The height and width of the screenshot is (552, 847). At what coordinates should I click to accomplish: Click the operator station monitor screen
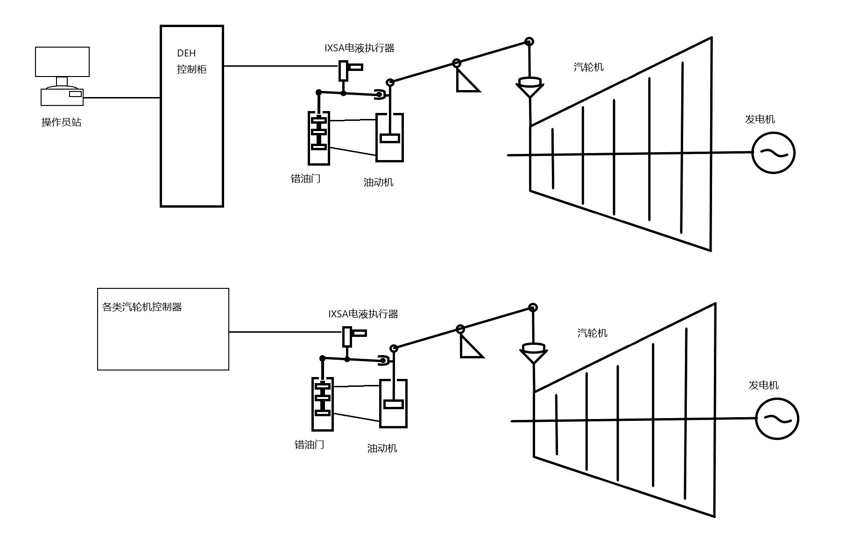62,62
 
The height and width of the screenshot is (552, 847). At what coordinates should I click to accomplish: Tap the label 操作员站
61,122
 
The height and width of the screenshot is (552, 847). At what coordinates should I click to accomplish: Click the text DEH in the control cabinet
186,53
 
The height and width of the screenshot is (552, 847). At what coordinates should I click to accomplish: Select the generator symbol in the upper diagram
773,153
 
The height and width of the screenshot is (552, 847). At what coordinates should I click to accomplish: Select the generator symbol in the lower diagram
777,419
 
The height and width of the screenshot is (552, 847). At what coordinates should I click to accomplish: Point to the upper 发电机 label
760,119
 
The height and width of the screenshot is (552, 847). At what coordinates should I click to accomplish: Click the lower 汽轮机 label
592,333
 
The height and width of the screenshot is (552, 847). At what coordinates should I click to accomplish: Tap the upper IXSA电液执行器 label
360,48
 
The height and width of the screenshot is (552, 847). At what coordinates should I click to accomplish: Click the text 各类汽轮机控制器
142,307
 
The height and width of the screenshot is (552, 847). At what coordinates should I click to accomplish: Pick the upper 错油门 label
305,179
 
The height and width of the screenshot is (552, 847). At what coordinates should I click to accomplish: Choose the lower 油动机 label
382,448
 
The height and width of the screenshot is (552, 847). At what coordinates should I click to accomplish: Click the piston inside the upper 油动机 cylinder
389,138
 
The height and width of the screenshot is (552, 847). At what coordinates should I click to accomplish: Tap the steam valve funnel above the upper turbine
529,87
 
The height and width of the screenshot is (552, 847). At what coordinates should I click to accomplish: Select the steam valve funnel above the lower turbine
533,353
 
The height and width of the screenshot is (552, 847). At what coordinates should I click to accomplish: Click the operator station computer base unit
62,97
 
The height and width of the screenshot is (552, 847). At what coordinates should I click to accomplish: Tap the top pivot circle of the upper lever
529,42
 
